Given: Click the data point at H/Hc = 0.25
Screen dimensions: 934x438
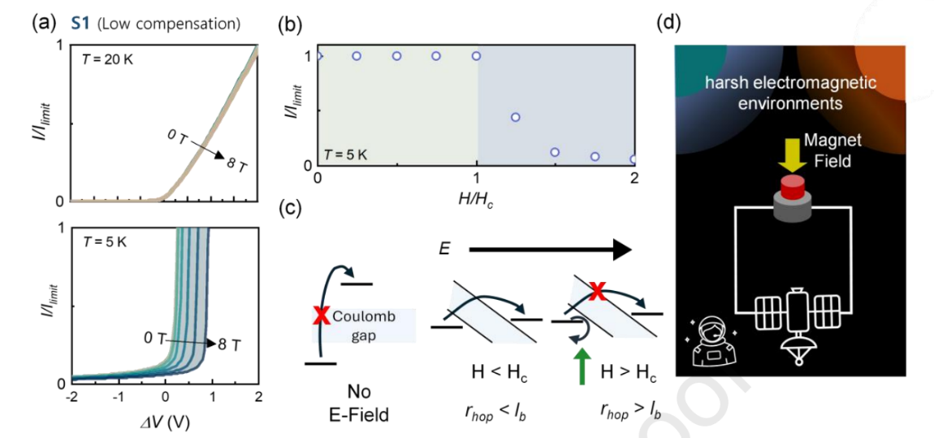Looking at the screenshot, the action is (357, 56).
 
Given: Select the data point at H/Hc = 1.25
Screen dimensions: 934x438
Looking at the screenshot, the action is (516, 117).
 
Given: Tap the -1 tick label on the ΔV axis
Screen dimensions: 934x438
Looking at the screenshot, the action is (118, 397).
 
